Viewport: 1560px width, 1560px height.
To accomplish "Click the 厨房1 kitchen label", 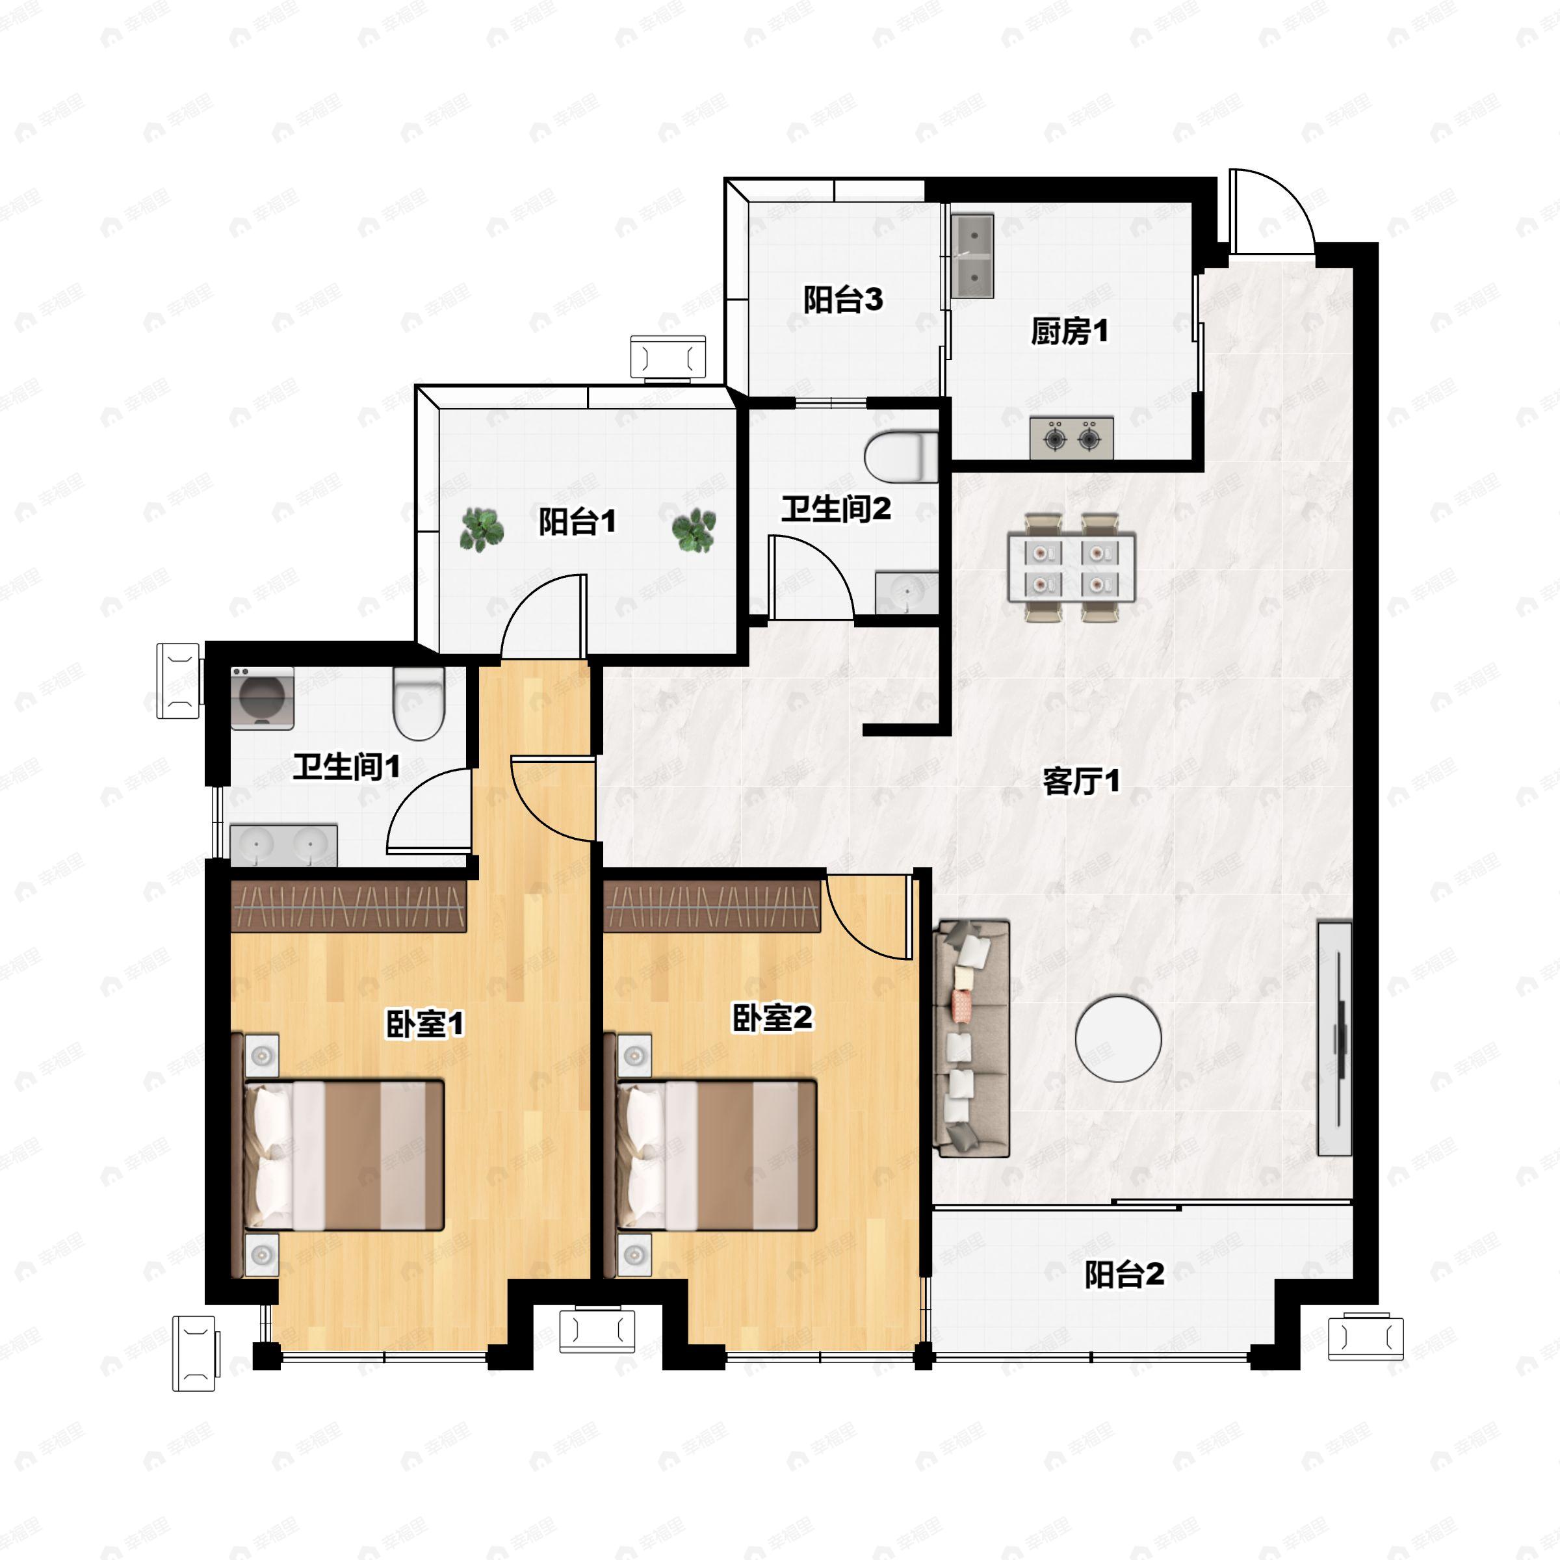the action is [1069, 331].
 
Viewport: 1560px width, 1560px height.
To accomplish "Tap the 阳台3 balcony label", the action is [842, 300].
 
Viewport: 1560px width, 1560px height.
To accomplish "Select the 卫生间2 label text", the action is [836, 509].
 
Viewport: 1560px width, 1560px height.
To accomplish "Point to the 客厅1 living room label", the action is [1080, 781].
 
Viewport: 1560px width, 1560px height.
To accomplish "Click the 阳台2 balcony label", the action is [1124, 1274].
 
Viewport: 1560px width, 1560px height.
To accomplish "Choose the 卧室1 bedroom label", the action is [424, 1024].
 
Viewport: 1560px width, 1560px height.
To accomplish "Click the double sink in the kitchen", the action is [972, 256].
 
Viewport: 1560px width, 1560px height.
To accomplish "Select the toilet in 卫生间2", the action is [901, 457].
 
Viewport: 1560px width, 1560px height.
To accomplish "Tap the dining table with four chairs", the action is [1071, 567].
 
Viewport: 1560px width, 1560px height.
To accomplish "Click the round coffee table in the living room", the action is [1118, 1039].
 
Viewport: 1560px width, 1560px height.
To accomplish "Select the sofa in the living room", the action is [971, 1039].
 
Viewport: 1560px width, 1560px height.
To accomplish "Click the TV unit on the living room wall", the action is [1334, 1039].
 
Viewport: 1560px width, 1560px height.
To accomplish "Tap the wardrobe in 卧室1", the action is [349, 906].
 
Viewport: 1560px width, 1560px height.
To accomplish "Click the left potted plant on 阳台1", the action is [482, 530].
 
